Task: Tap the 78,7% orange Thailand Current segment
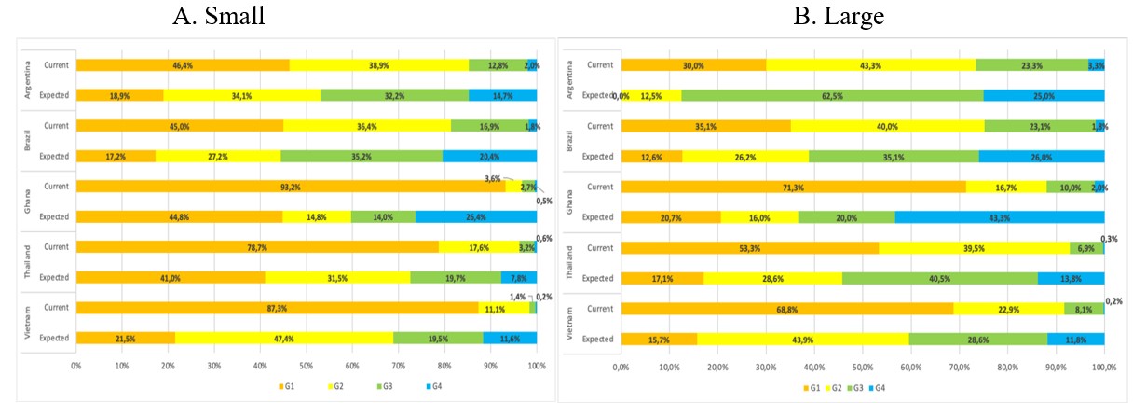tap(257, 247)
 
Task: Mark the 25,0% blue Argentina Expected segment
tap(1044, 95)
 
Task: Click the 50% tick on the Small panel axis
tap(307, 367)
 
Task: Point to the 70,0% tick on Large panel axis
tap(959, 368)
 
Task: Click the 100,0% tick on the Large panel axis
tap(1103, 368)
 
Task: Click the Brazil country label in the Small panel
tap(26, 140)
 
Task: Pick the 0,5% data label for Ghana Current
tap(543, 199)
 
